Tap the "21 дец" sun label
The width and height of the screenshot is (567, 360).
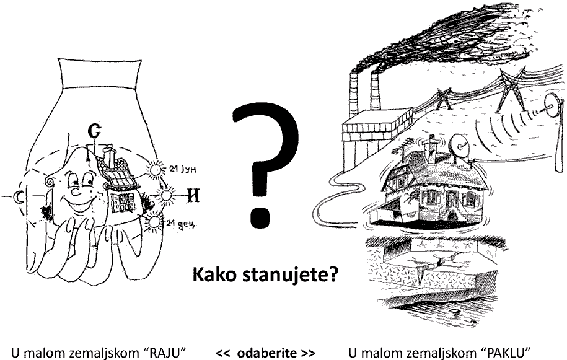[181, 224]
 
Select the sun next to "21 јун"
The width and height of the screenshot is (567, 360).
[156, 169]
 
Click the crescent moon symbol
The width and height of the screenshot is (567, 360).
[18, 196]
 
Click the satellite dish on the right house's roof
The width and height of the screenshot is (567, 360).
[459, 145]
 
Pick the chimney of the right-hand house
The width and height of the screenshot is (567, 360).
[430, 148]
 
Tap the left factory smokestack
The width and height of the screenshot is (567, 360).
[353, 97]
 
